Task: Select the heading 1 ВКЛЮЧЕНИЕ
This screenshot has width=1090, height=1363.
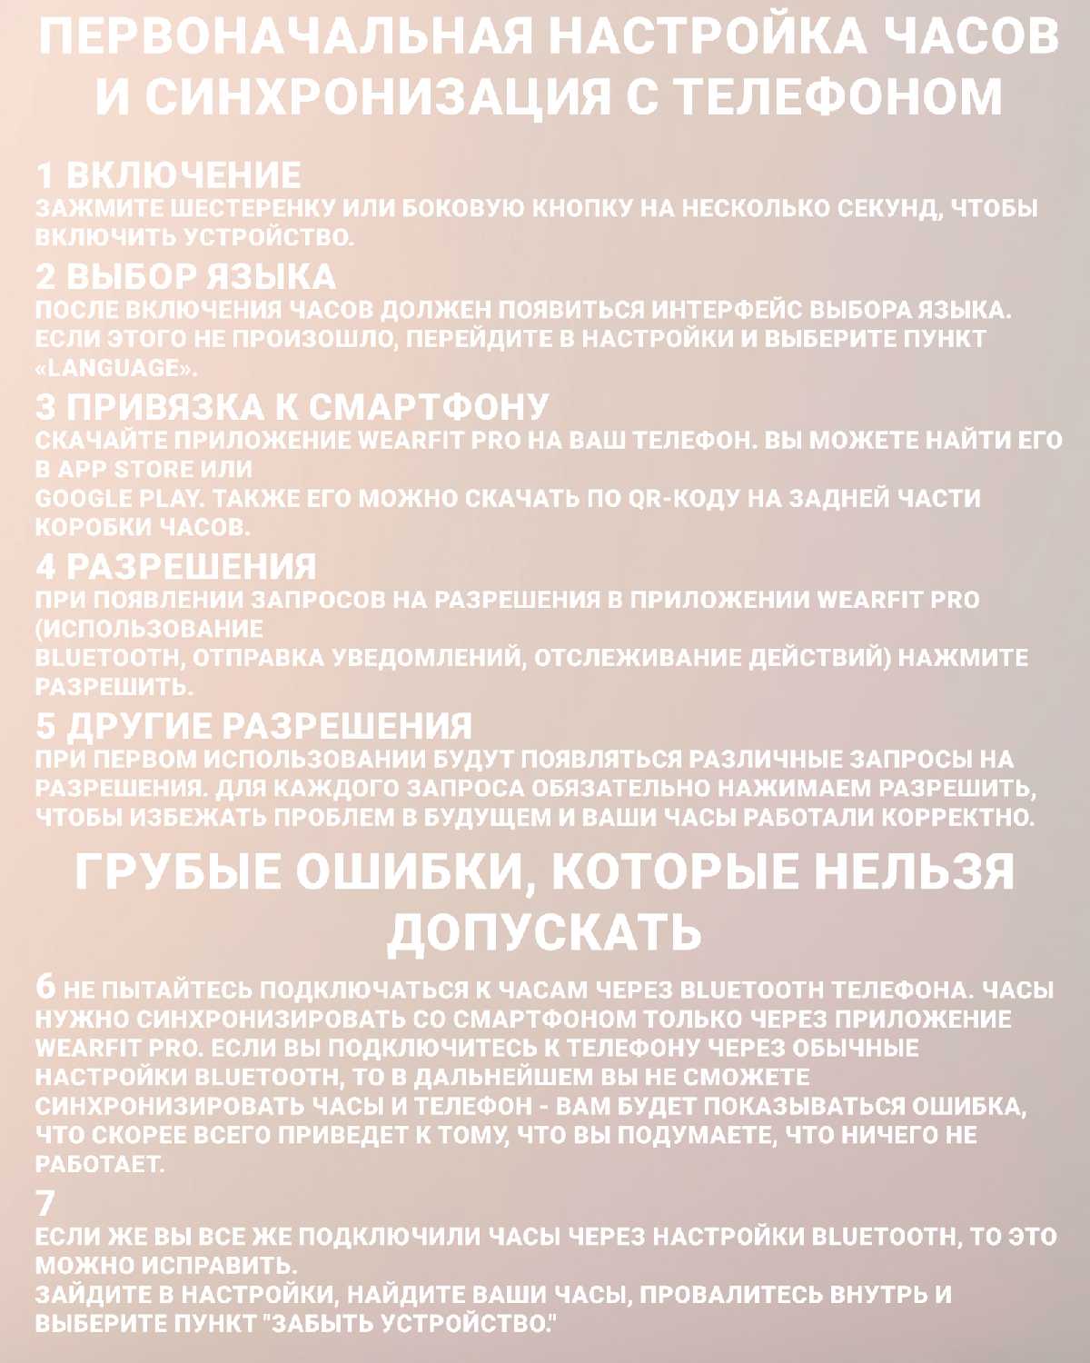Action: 168,175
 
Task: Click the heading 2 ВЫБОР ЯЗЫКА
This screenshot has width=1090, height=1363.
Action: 185,276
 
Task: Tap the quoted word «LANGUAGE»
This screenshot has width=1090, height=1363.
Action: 115,368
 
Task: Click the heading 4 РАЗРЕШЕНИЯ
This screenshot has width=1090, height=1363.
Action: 176,567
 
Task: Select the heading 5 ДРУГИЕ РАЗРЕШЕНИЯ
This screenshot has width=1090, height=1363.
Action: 254,726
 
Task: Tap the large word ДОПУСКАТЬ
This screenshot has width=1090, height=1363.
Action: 545,930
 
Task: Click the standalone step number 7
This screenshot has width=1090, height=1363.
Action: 45,1204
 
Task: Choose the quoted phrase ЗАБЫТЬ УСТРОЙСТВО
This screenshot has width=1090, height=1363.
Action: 408,1324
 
